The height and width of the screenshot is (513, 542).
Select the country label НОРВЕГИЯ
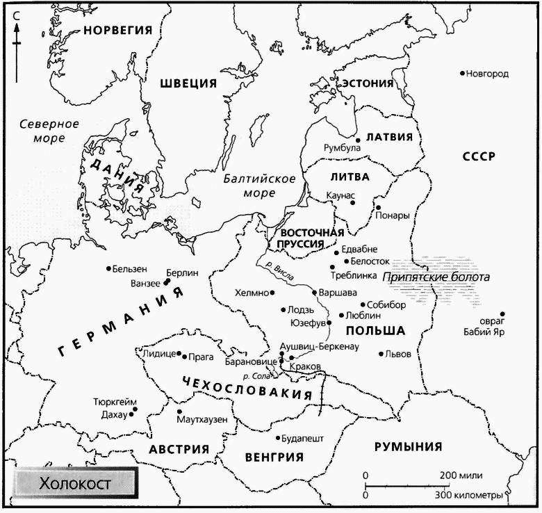117,29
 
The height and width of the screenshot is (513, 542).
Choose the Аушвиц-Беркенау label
318,347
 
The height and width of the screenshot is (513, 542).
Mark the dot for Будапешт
277,439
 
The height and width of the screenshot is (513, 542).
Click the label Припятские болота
437,277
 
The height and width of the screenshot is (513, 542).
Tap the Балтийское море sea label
259,186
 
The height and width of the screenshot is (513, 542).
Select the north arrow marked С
16,42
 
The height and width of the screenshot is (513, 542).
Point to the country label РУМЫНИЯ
408,447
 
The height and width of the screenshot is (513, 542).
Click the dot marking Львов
381,354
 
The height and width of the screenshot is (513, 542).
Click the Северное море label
48,131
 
